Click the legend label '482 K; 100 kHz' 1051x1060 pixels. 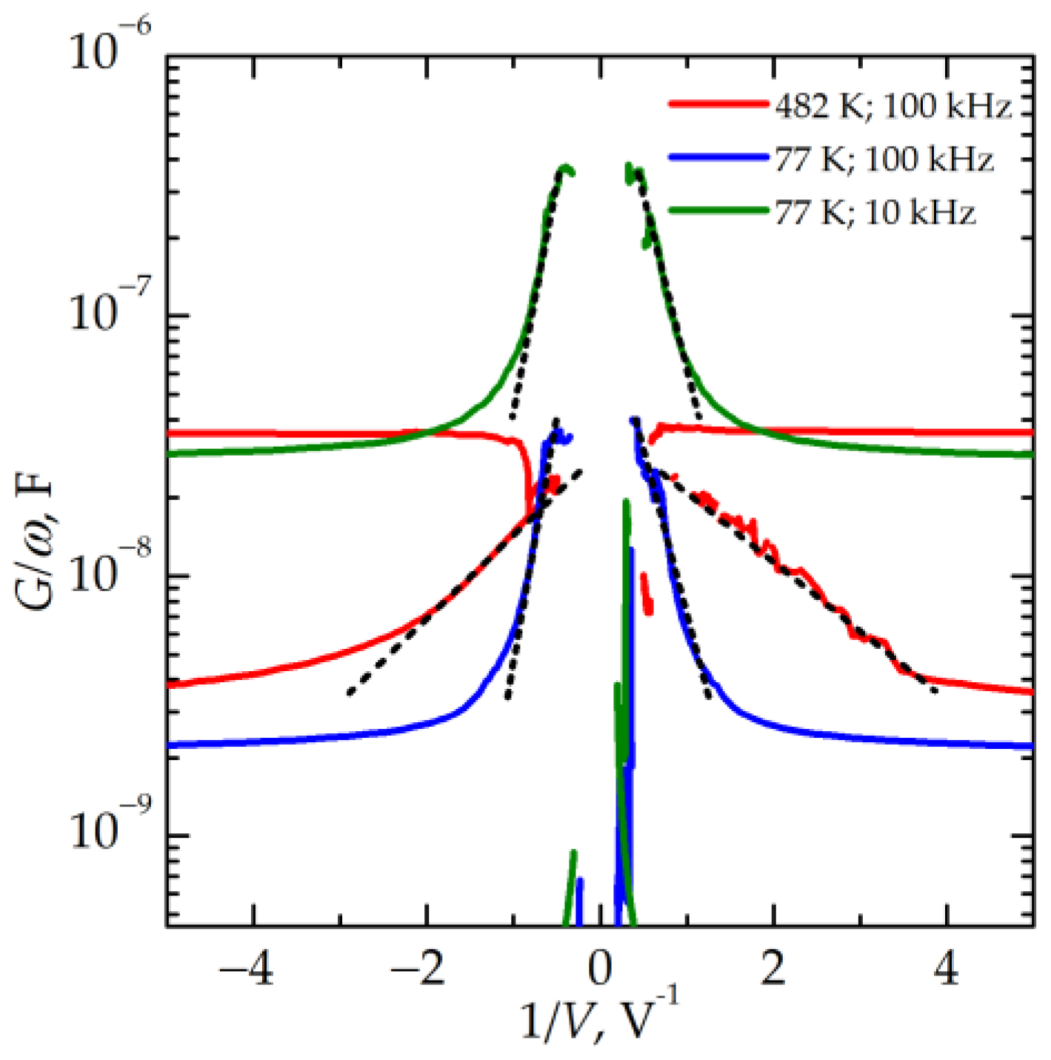pyautogui.click(x=892, y=107)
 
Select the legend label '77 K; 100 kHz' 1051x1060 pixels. pyautogui.click(x=884, y=159)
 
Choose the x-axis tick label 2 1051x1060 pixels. pyautogui.click(x=774, y=968)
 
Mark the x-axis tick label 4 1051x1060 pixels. pyautogui.click(x=947, y=968)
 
